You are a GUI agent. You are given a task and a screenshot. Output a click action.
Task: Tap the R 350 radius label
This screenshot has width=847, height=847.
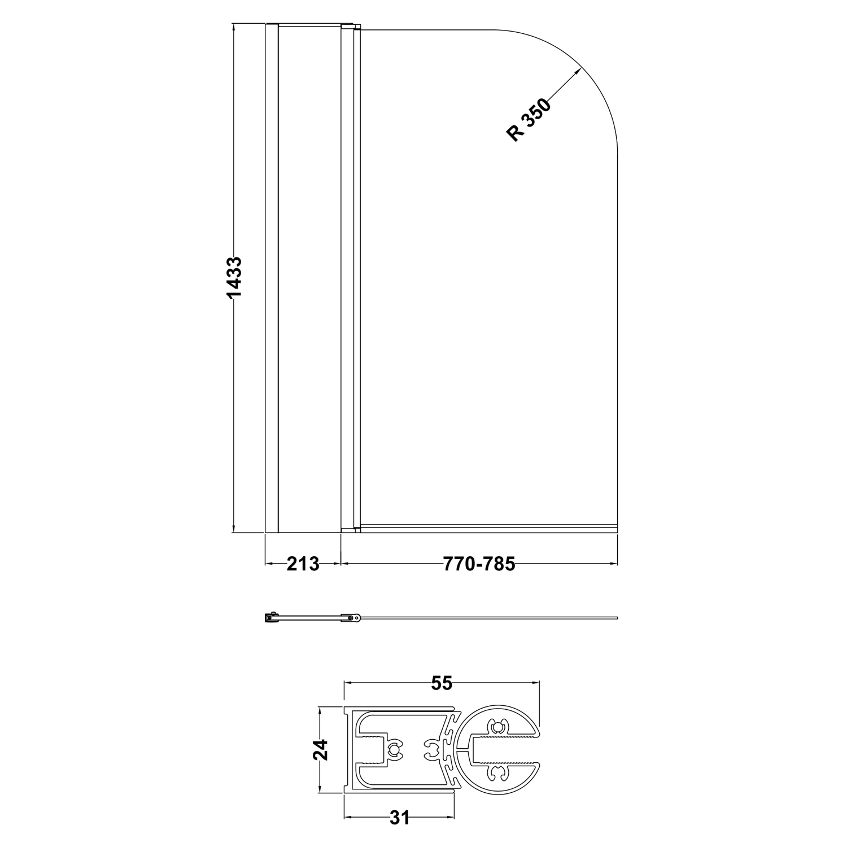(529, 120)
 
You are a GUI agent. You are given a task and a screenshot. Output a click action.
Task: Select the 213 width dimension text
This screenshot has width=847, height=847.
(303, 564)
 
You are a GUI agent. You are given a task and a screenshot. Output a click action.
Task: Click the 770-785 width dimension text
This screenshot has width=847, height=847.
(479, 564)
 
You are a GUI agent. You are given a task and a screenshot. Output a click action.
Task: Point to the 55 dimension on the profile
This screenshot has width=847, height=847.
(442, 683)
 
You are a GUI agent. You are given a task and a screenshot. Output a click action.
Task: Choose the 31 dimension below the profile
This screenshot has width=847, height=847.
(399, 817)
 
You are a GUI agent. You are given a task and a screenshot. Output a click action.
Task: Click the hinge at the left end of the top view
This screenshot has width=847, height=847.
(272, 618)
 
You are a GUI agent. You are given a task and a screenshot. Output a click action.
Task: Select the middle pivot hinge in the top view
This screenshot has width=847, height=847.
(351, 618)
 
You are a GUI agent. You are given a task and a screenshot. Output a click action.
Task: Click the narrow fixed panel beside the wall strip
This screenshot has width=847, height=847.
(309, 277)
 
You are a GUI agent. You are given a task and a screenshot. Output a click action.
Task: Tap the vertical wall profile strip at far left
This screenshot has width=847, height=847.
(272, 277)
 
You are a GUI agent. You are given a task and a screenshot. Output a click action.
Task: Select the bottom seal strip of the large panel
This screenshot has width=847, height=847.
(488, 529)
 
